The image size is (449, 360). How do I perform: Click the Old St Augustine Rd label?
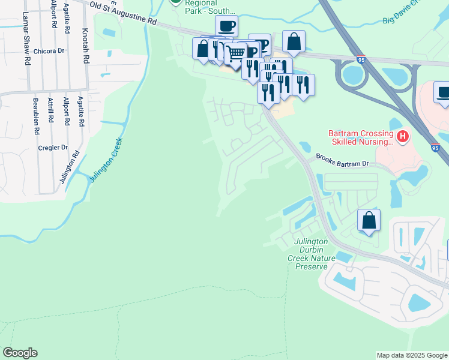click(123, 13)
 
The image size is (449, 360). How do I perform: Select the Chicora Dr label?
click(49, 51)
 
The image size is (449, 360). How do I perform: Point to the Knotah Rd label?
click(86, 46)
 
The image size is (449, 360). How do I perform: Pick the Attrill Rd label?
click(52, 113)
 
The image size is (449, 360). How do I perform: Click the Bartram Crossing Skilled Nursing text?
click(360, 137)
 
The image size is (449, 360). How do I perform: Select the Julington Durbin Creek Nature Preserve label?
click(311, 254)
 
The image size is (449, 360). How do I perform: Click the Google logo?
click(20, 353)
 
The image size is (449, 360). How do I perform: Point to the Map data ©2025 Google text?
click(411, 355)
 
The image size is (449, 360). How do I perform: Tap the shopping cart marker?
click(236, 53)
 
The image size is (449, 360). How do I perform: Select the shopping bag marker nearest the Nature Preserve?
click(369, 220)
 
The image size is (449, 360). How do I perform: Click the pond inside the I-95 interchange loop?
click(354, 76)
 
